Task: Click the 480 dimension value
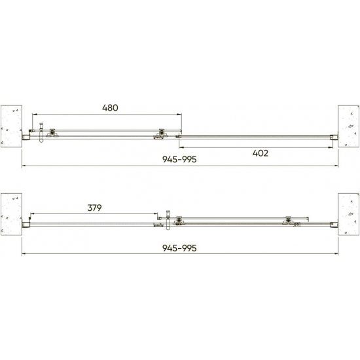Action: click(x=110, y=108)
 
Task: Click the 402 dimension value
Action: click(x=261, y=153)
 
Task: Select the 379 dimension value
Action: click(x=95, y=207)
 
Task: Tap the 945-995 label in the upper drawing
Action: click(x=179, y=159)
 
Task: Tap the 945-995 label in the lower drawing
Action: click(x=179, y=248)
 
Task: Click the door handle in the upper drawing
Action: click(x=41, y=133)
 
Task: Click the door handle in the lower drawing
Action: click(x=168, y=220)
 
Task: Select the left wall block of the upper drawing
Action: click(x=11, y=126)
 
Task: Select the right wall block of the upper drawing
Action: click(x=348, y=126)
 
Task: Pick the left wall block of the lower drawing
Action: click(x=11, y=214)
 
